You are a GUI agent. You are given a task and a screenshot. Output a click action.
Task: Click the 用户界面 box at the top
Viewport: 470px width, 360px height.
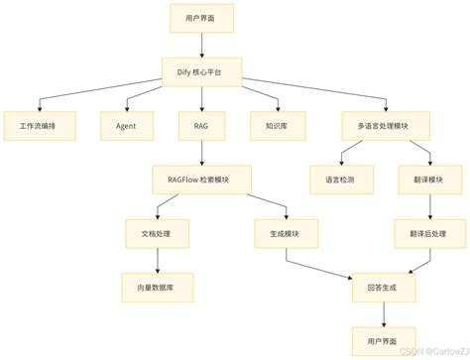click(201, 19)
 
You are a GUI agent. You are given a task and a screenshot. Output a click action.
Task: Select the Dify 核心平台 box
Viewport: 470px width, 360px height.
click(201, 71)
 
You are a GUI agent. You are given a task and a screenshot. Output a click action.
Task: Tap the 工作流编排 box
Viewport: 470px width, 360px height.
click(38, 126)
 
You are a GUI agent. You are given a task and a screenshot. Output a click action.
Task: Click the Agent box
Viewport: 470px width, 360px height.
click(125, 126)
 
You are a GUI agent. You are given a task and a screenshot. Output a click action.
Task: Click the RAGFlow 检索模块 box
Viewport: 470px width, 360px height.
click(202, 180)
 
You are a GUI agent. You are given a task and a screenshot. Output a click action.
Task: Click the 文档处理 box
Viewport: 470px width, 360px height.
click(158, 234)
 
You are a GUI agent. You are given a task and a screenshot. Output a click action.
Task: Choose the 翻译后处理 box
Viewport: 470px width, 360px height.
click(429, 234)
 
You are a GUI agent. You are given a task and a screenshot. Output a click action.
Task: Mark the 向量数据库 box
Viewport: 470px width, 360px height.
click(158, 288)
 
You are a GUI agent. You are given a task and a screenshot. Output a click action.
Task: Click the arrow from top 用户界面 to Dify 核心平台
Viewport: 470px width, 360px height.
click(201, 45)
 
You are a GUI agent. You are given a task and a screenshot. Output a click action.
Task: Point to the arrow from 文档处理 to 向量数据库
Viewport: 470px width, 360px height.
click(158, 261)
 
